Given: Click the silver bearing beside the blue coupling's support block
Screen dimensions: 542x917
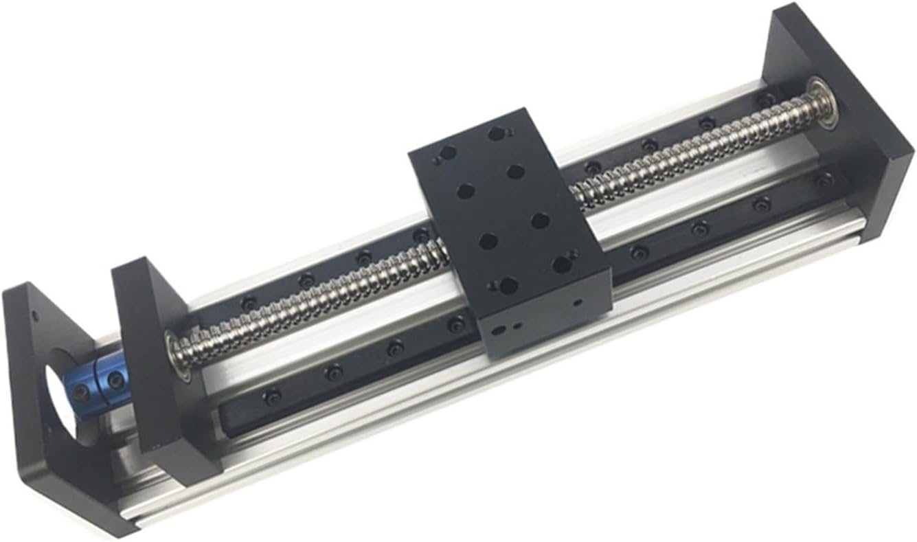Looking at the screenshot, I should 177,352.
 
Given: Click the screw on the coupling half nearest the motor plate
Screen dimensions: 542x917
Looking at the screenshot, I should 82,393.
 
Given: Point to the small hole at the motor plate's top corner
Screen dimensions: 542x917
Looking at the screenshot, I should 32,313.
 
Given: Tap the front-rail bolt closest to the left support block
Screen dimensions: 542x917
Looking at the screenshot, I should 273,396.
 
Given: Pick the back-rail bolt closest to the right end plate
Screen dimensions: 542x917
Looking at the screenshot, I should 767,100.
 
